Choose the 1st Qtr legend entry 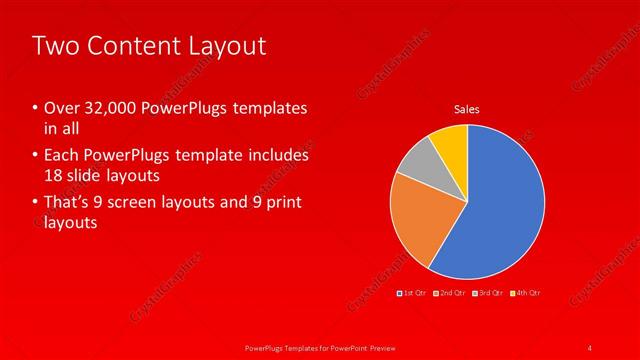pos(413,293)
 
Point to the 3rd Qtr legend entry pos(489,293)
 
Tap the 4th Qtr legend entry pos(526,293)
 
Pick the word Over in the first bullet pos(60,108)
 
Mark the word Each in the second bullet pos(61,156)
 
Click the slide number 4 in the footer pos(590,347)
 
